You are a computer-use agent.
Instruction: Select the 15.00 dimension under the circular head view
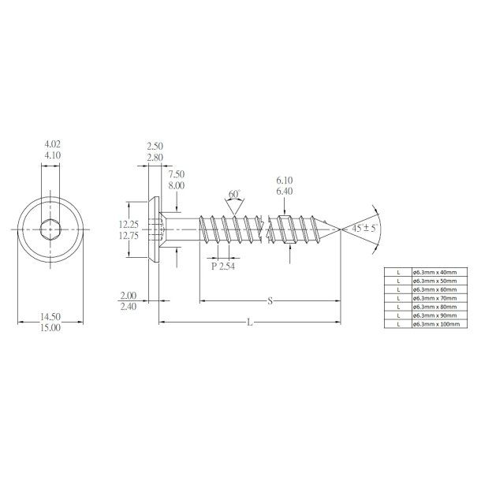pyautogui.click(x=50, y=328)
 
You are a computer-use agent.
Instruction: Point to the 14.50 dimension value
pyautogui.click(x=50, y=318)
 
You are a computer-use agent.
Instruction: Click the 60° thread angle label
pyautogui.click(x=234, y=194)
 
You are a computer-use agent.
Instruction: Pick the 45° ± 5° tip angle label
pyautogui.click(x=365, y=228)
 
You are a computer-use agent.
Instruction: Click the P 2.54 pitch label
pyautogui.click(x=225, y=265)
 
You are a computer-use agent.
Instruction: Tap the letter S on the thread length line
pyautogui.click(x=270, y=300)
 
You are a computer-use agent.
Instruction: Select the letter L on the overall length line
pyautogui.click(x=250, y=322)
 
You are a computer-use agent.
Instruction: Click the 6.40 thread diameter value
pyautogui.click(x=285, y=191)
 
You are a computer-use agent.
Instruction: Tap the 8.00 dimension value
pyautogui.click(x=177, y=184)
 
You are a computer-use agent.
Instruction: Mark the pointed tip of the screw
pyautogui.click(x=340, y=229)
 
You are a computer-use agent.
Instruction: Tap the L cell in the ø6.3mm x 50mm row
pyautogui.click(x=400, y=281)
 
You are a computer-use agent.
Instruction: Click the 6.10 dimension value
pyautogui.click(x=285, y=181)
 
